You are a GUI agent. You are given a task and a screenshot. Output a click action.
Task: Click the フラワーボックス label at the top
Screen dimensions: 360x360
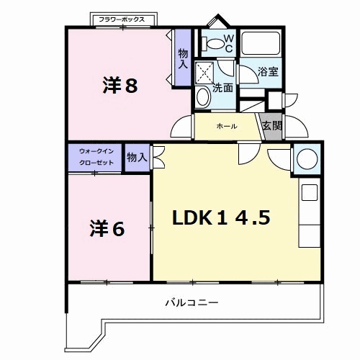pos(122,19)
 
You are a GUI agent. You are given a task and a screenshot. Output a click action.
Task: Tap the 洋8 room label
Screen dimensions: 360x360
pos(120,85)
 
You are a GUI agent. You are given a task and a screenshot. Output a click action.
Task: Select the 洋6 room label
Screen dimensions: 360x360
pos(107,228)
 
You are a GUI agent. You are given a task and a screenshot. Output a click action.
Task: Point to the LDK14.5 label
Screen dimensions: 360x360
pos(221,217)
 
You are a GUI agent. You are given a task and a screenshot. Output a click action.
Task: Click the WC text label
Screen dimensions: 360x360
pos(229,43)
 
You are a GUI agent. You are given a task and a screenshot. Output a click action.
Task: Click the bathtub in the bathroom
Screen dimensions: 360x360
pos(261,42)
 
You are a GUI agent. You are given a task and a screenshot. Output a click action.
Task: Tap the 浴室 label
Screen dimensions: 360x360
pos(268,71)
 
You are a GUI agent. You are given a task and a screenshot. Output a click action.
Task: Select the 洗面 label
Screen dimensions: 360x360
pos(222,88)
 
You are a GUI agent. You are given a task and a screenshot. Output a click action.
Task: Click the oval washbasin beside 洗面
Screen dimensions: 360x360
pos(203,97)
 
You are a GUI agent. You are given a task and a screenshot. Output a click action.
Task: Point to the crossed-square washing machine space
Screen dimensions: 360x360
pos(204,73)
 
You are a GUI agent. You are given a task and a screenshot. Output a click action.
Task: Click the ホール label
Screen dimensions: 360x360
pos(227,126)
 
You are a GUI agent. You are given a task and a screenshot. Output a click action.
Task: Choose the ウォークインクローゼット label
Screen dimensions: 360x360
pos(96,157)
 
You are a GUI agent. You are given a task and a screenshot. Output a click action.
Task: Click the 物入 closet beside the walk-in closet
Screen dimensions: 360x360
pos(137,158)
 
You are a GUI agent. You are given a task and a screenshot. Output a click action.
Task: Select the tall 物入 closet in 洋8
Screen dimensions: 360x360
pos(183,58)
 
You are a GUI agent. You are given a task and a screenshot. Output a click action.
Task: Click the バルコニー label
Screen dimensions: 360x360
pos(192,302)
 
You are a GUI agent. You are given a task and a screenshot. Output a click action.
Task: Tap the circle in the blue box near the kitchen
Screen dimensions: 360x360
pos(307,158)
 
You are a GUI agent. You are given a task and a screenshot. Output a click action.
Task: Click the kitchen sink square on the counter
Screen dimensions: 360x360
pos(310,192)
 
